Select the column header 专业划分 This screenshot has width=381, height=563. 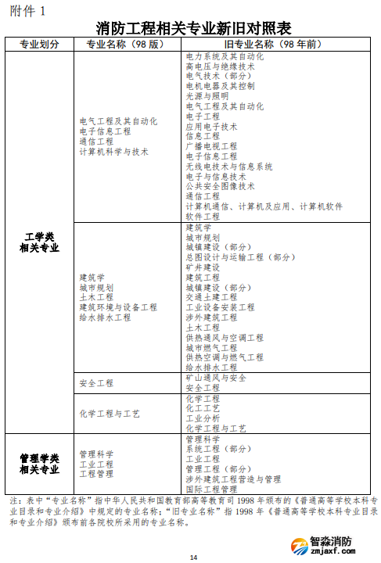coord(39,44)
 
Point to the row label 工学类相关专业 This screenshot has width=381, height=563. coord(39,242)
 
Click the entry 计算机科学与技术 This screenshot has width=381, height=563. coord(113,152)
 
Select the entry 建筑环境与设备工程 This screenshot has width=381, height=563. coord(118,307)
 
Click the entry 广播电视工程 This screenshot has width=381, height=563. coord(211,146)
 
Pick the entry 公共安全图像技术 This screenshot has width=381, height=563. coord(220,186)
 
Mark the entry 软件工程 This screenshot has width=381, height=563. coord(203,216)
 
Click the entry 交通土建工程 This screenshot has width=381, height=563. coord(211,297)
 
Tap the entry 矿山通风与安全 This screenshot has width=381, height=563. coord(216,378)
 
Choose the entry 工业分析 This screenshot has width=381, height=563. coord(203,418)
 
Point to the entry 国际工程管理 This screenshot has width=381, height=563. coord(211,489)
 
